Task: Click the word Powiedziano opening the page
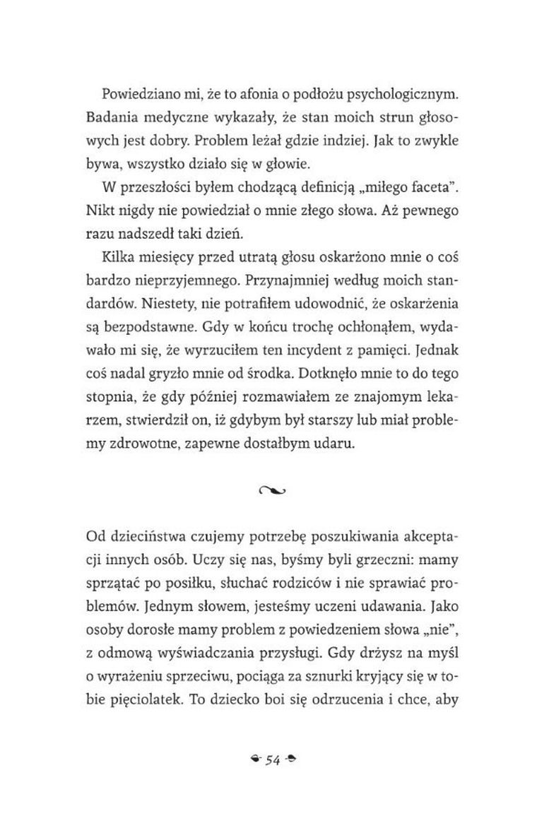tap(141, 94)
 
